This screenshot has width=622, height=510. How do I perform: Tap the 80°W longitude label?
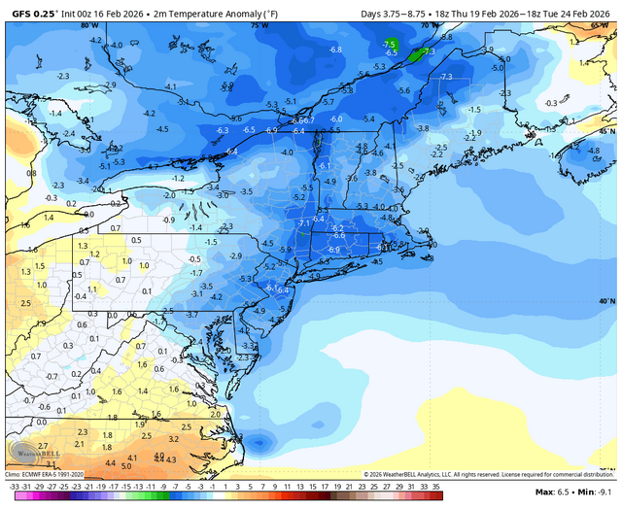point(89,25)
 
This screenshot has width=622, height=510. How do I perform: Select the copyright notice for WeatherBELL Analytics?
point(486,474)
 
